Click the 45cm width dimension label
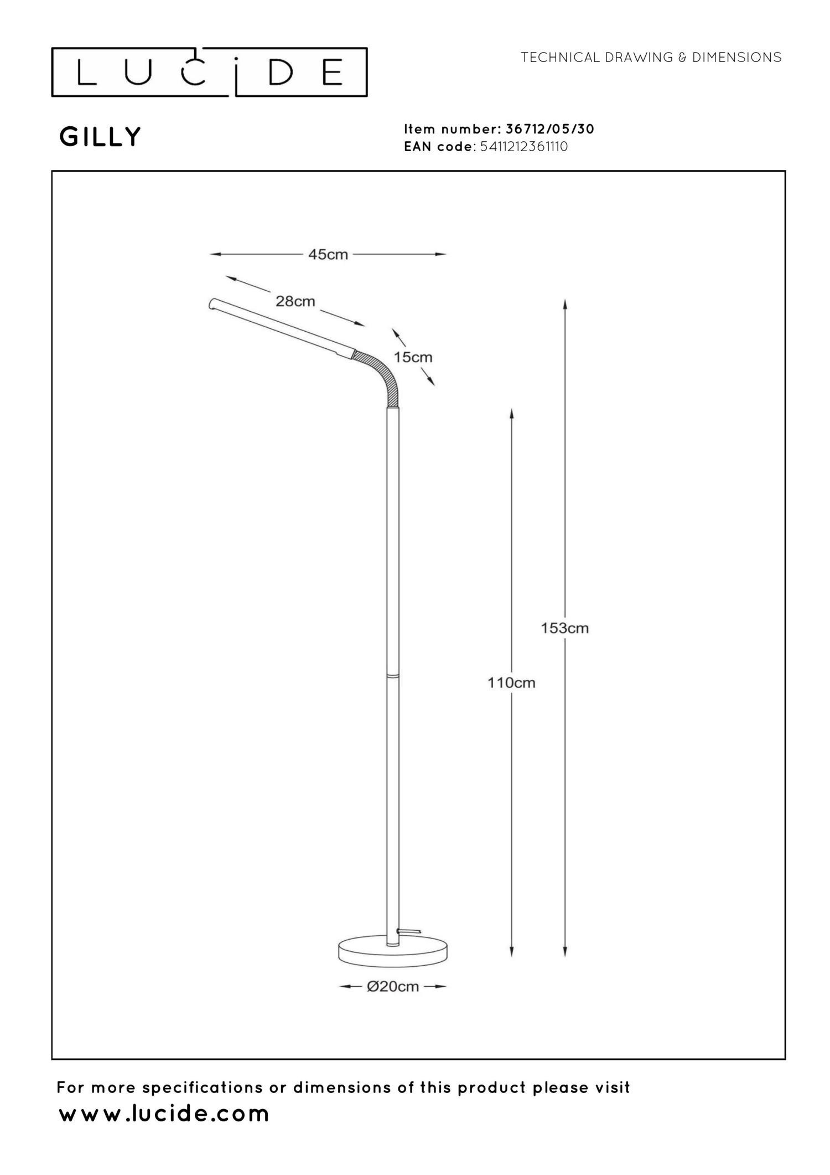(328, 255)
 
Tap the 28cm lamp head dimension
(295, 301)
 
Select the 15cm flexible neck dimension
(413, 357)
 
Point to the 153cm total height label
(564, 628)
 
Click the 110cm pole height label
(511, 683)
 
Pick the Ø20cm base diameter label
(393, 986)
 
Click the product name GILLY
(100, 137)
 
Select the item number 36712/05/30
(550, 129)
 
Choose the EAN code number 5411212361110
(525, 147)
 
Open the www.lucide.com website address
(164, 1114)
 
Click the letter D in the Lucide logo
(281, 73)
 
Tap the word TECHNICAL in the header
(560, 57)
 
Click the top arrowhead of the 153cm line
(564, 305)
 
